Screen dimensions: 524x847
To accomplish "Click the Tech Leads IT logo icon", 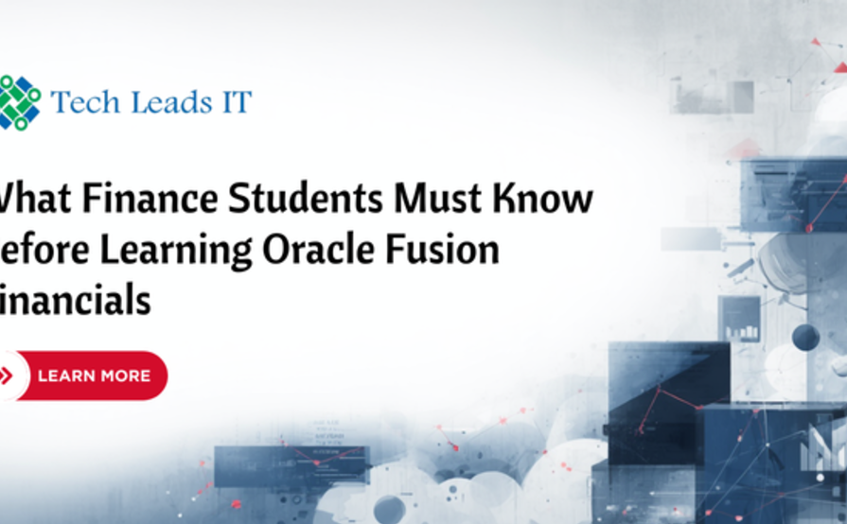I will pos(19,102).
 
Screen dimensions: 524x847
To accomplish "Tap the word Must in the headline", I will pos(438,201).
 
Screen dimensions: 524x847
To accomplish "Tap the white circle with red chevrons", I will pos(8,376).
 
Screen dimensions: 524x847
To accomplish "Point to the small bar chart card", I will pos(739,321).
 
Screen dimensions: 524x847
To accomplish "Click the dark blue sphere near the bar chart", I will pos(805,337).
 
